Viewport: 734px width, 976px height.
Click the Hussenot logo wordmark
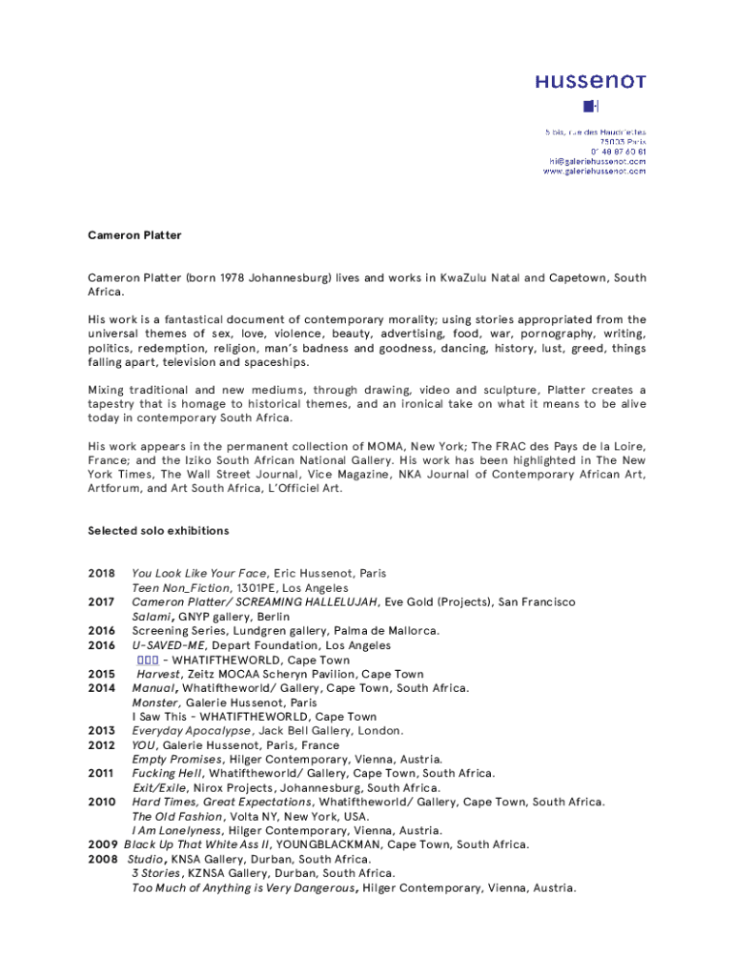590,82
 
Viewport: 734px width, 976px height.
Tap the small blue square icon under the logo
590,106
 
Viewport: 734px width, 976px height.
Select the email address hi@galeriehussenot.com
598,161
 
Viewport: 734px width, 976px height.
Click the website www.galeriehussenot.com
595,172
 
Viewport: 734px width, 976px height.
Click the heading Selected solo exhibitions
158,531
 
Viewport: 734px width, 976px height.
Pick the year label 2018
101,574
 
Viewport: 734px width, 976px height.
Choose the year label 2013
101,731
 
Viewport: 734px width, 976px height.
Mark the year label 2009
103,844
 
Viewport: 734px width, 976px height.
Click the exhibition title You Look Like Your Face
199,574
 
